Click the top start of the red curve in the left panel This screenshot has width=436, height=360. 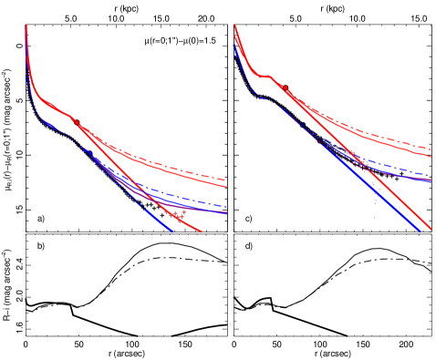pyautogui.click(x=26, y=26)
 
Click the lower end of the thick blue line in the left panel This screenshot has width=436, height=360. pyautogui.click(x=171, y=231)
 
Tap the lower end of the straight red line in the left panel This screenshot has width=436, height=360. pyautogui.click(x=201, y=231)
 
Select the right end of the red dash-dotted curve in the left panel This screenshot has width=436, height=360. pyautogui.click(x=226, y=180)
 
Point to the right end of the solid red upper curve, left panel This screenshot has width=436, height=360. pyautogui.click(x=226, y=187)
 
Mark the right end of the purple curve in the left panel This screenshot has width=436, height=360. pyautogui.click(x=226, y=213)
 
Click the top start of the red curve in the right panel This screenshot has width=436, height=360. pyautogui.click(x=235, y=26)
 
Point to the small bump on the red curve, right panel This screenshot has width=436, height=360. pyautogui.click(x=267, y=76)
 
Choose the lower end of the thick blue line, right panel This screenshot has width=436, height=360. pyautogui.click(x=420, y=231)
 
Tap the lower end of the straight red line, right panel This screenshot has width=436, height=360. pyautogui.click(x=431, y=229)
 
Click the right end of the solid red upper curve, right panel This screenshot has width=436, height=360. pyautogui.click(x=431, y=156)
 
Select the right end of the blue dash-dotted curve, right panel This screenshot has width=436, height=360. pyautogui.click(x=431, y=175)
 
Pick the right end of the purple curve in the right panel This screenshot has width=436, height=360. pyautogui.click(x=431, y=181)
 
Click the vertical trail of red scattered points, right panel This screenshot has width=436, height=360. pyautogui.click(x=375, y=201)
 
